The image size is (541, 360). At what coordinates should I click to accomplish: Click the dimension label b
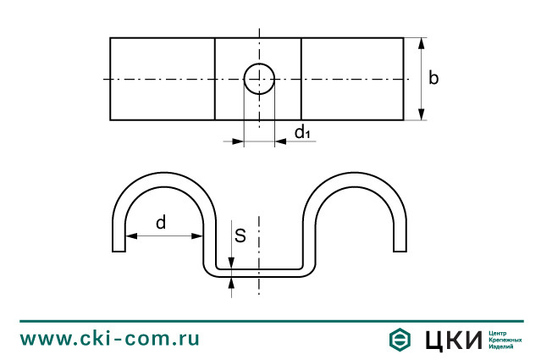click(433, 79)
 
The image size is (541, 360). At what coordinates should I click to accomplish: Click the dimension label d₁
click(303, 132)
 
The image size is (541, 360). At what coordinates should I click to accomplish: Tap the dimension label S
click(240, 236)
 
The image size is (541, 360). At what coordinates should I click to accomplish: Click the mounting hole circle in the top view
click(259, 79)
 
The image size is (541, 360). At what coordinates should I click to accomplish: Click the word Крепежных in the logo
click(505, 340)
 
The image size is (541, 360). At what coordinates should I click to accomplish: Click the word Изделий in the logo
click(502, 346)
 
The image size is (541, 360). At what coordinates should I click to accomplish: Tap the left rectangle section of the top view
click(162, 79)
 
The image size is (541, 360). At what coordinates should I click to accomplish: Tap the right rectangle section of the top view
click(351, 79)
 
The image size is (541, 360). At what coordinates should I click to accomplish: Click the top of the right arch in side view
click(354, 174)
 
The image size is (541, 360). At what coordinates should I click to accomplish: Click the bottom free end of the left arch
click(119, 249)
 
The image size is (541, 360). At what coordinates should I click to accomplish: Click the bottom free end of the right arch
click(400, 249)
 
